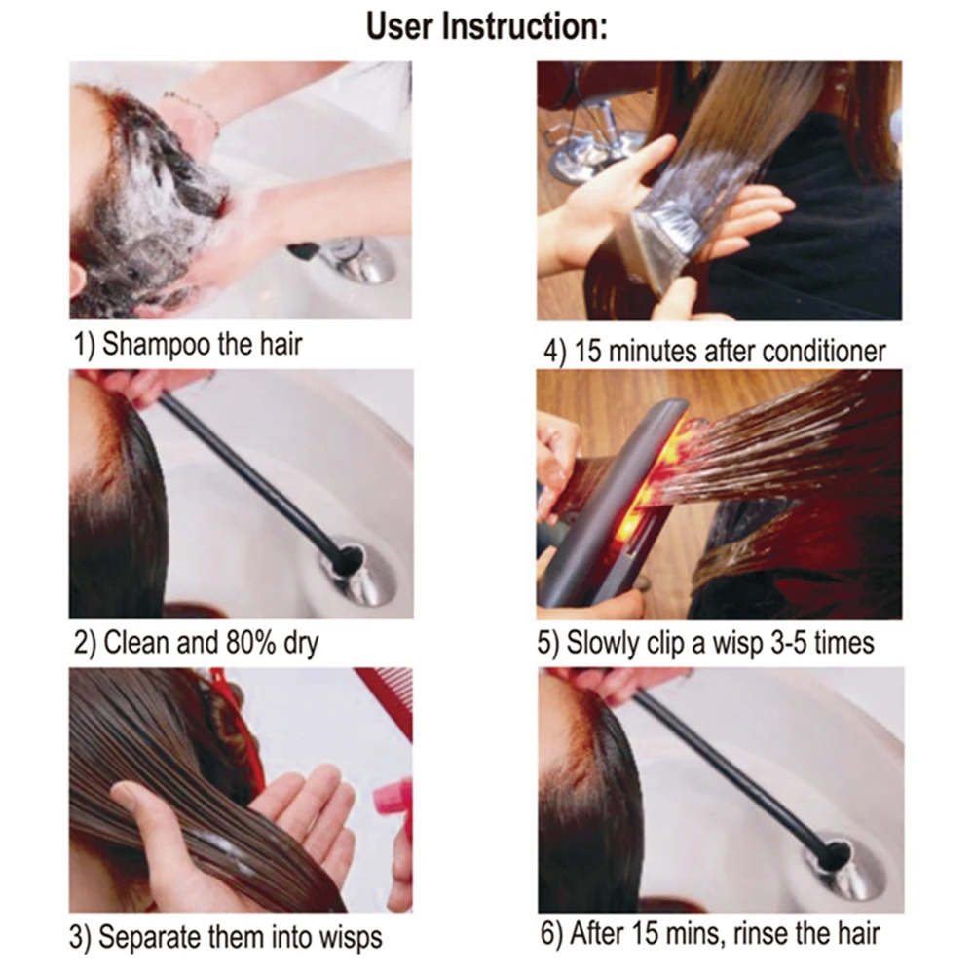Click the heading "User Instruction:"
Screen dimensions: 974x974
tap(487, 26)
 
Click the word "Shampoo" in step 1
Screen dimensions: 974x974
tap(157, 344)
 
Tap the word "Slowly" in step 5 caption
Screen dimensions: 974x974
tap(614, 643)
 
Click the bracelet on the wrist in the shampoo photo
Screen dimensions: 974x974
tap(191, 107)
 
